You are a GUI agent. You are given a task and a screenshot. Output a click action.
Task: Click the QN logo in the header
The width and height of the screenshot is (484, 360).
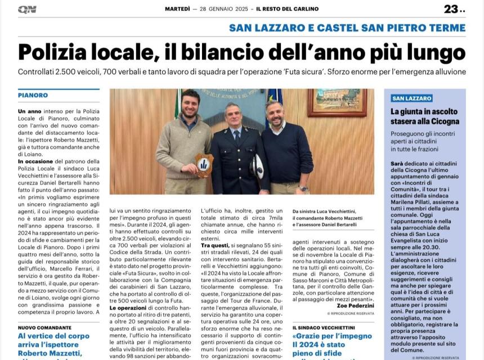tap(27, 9)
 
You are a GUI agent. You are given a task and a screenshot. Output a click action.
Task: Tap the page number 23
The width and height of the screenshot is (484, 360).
tap(451, 9)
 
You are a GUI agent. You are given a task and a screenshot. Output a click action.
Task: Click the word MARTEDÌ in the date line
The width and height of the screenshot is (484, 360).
tap(177, 9)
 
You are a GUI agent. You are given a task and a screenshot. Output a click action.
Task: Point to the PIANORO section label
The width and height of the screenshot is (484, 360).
tap(33, 95)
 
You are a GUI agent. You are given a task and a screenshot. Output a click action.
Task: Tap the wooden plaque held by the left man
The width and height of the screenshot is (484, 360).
tap(204, 165)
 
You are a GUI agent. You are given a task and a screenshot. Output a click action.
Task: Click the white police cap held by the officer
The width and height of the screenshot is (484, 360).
tap(257, 167)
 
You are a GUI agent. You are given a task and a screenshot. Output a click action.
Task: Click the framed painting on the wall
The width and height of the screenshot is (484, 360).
tap(337, 102)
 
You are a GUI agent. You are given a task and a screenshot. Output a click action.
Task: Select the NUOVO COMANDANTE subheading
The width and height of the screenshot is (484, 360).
tap(44, 327)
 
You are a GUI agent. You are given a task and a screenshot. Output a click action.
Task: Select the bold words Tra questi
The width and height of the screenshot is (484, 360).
tap(215, 246)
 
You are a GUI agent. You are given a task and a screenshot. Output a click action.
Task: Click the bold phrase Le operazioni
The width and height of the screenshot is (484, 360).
tap(128, 308)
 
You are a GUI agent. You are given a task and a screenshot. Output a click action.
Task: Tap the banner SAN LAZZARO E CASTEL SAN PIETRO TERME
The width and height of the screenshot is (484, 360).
tap(347, 28)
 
